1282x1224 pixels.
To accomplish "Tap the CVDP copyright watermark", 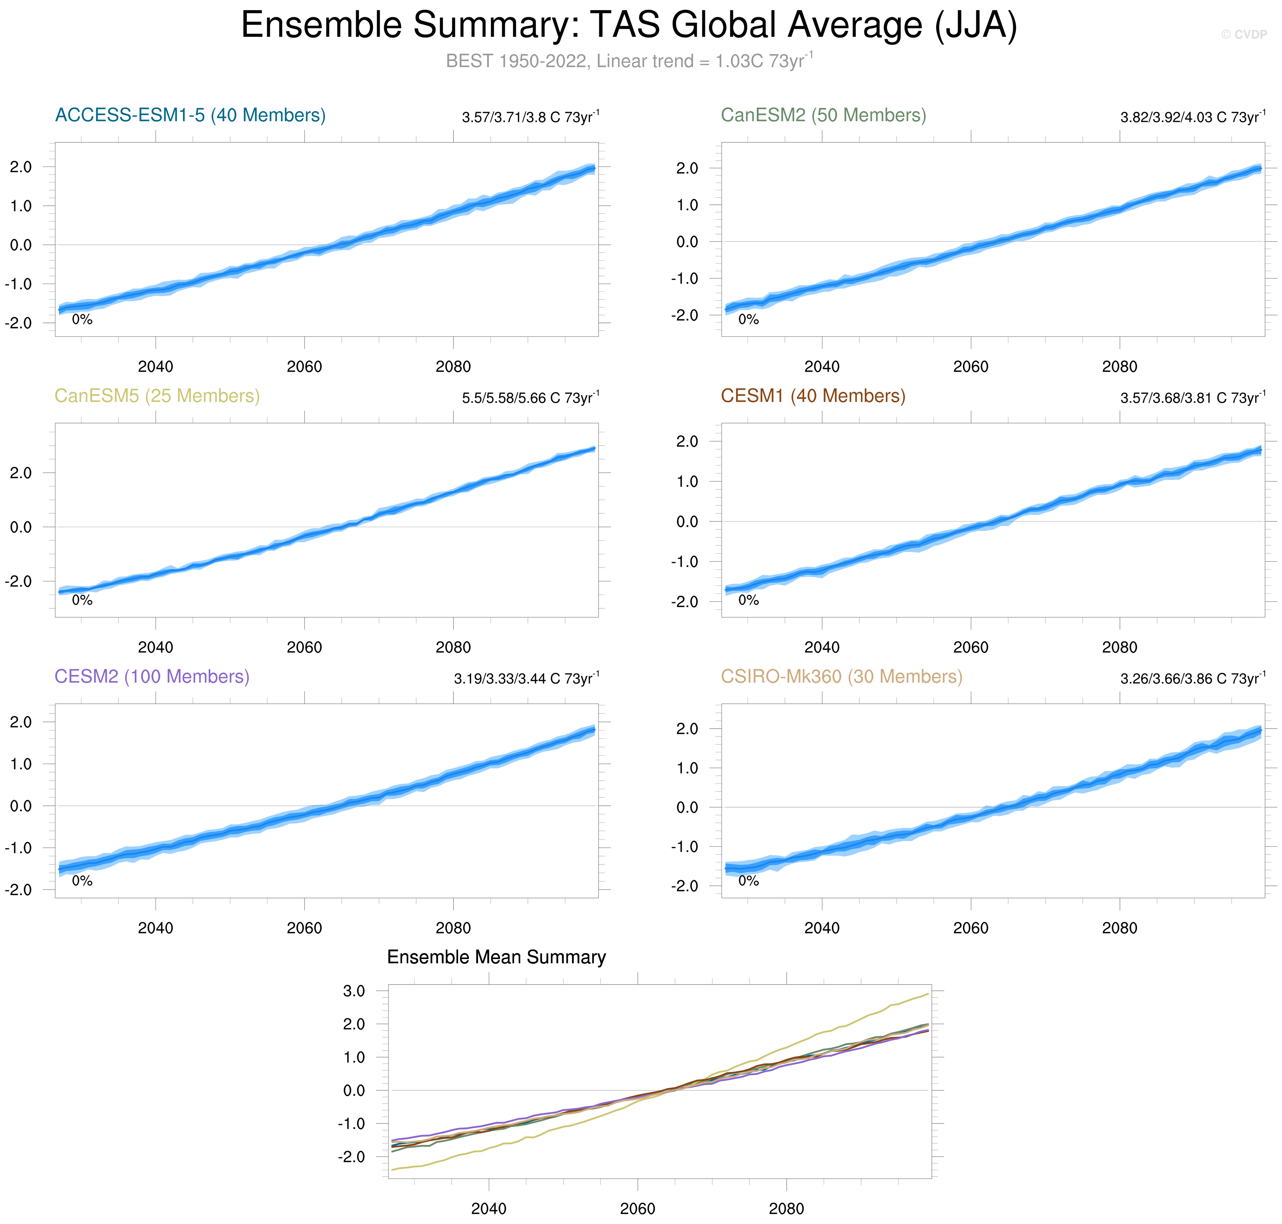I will [1243, 35].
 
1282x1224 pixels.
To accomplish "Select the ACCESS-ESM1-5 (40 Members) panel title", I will [190, 116].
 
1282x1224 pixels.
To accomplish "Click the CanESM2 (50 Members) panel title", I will [823, 116].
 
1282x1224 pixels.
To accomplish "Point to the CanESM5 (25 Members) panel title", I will [156, 396].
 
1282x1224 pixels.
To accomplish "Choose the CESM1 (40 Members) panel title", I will [813, 396].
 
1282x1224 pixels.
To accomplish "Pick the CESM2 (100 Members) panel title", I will [151, 676].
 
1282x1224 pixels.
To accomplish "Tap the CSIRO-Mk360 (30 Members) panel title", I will [841, 676].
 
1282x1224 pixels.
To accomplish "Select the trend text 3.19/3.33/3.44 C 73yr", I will [525, 679].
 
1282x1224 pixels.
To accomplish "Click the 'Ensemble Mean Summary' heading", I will [496, 957].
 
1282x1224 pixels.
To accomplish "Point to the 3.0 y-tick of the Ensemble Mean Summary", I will [354, 991].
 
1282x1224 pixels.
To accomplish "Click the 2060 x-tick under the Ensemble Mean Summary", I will [637, 1208].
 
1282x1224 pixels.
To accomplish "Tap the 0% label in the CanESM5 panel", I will [82, 600].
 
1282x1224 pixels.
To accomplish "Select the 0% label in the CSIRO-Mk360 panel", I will [748, 881].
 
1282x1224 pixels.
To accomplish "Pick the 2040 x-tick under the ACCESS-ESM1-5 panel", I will [155, 367].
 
